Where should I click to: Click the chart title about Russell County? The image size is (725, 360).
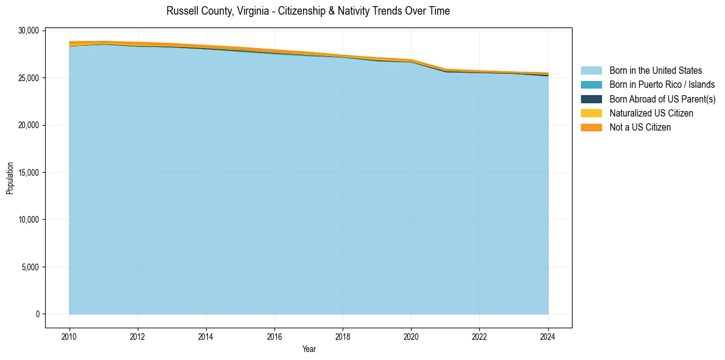(x=308, y=11)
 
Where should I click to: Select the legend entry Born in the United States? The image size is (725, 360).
(x=655, y=71)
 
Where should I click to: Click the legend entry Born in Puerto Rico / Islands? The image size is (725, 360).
(x=662, y=85)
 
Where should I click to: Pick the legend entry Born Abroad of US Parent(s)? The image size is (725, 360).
(x=662, y=99)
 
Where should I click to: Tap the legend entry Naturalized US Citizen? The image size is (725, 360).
(x=651, y=113)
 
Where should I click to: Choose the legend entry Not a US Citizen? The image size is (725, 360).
(x=640, y=128)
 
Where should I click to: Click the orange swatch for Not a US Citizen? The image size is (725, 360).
(x=591, y=128)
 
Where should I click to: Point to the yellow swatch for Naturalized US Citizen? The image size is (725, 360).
(x=591, y=113)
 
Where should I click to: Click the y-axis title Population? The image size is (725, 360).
(x=10, y=178)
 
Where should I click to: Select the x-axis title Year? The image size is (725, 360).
(x=309, y=350)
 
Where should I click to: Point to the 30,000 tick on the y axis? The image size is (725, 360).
(x=29, y=31)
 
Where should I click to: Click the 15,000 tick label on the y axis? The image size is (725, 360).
(x=29, y=173)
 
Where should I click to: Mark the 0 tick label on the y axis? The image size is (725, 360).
(x=37, y=314)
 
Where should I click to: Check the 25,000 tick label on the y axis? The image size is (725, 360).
(x=29, y=78)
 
